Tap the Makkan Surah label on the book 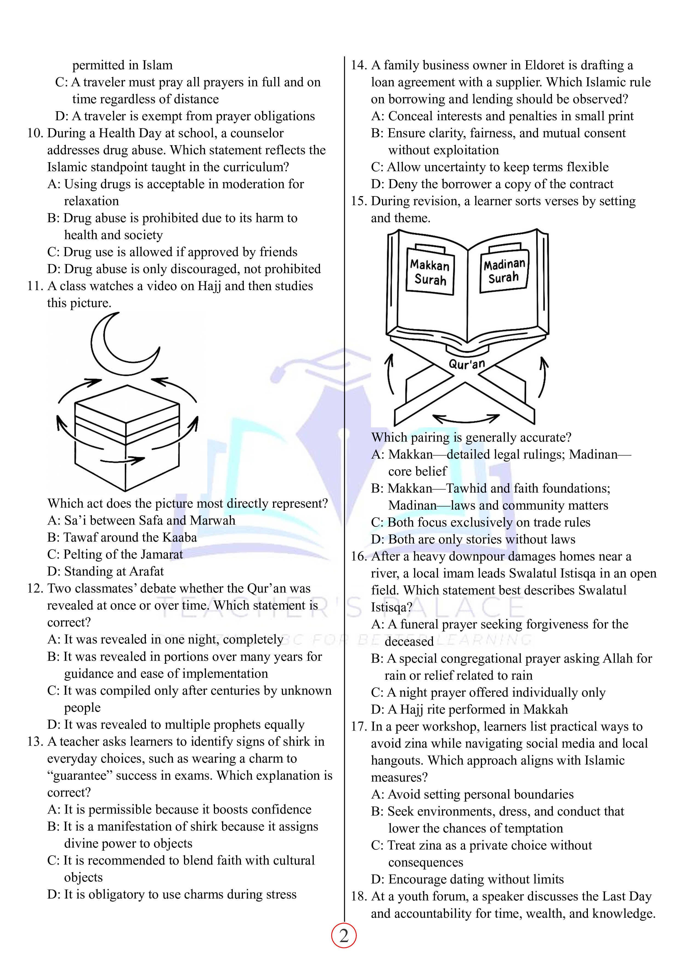[430, 272]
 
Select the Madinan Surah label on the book [504, 270]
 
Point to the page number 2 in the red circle [344, 936]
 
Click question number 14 [359, 65]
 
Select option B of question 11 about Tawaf [122, 537]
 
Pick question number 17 [359, 727]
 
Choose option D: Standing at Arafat [106, 571]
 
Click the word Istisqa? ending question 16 [391, 607]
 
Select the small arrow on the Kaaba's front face [122, 461]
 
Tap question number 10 [35, 133]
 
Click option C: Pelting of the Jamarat [115, 554]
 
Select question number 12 [35, 588]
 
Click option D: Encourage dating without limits [467, 879]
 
